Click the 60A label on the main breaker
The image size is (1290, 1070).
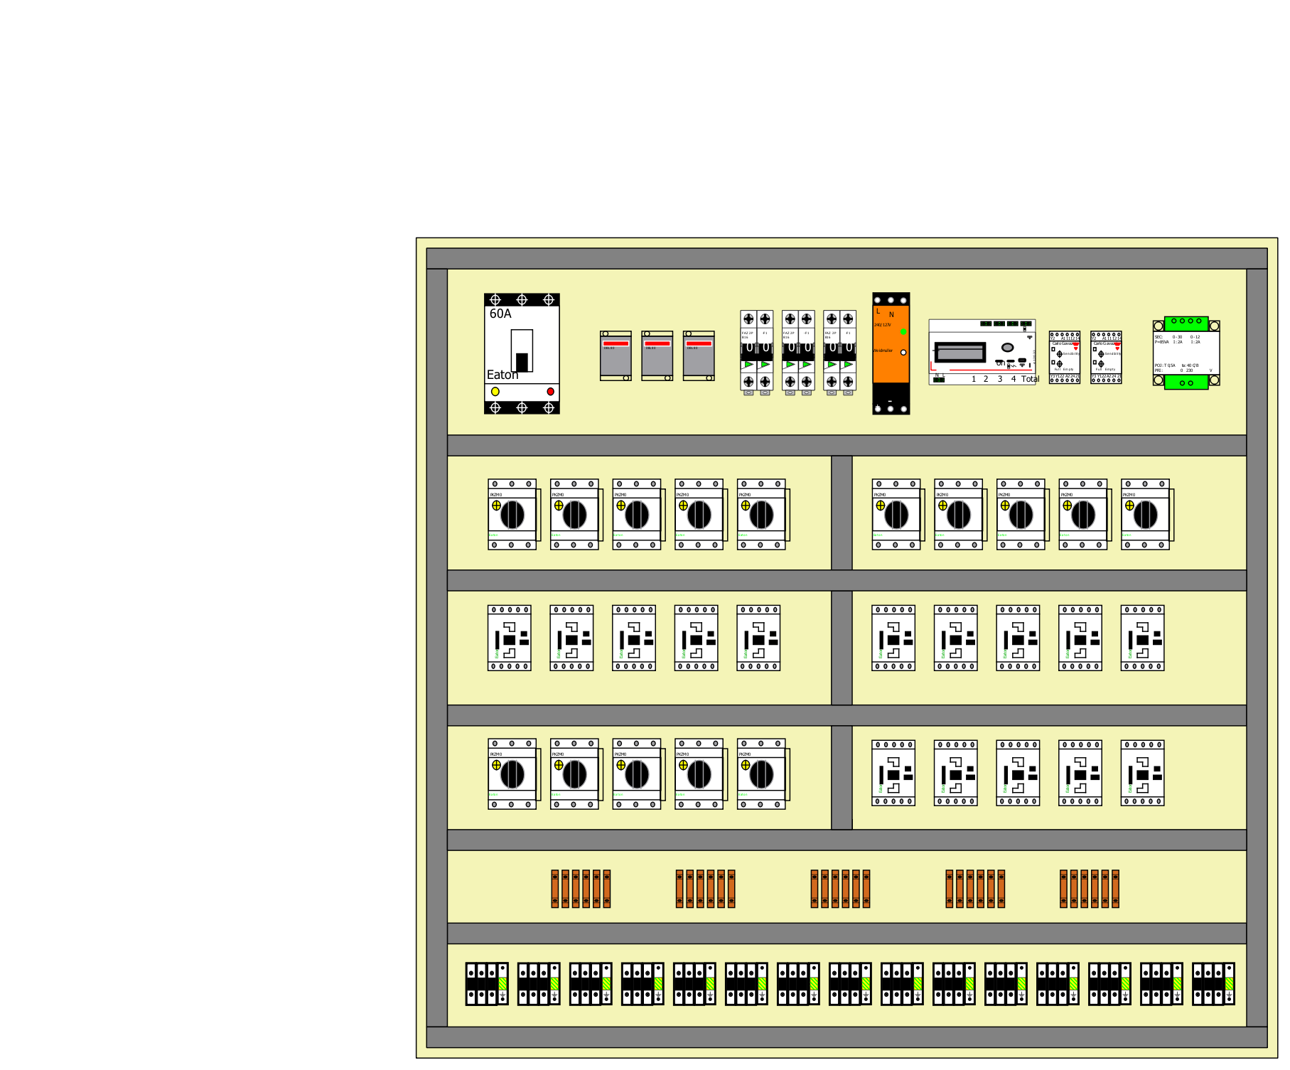point(500,314)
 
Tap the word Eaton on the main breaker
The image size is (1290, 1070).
point(502,375)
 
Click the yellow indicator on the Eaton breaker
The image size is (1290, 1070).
point(495,392)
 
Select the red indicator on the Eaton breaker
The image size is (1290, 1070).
point(550,392)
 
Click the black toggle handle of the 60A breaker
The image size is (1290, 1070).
point(522,361)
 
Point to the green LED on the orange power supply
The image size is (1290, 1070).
point(903,332)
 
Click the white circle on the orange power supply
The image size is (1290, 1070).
point(903,353)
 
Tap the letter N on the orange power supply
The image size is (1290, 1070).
point(891,315)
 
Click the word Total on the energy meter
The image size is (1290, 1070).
point(1030,379)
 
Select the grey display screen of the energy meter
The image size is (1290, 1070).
point(960,352)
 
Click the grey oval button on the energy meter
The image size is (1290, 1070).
point(1007,348)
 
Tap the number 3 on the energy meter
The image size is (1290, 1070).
point(999,379)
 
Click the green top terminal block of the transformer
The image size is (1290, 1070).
point(1186,322)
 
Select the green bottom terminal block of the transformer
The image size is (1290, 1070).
point(1186,382)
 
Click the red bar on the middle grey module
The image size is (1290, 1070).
point(657,343)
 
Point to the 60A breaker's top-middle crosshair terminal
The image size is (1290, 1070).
point(522,300)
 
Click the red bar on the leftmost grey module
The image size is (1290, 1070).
point(616,343)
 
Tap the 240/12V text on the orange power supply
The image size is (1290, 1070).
point(882,325)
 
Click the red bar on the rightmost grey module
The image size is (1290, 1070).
point(699,343)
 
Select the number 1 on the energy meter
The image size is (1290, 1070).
point(974,379)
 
